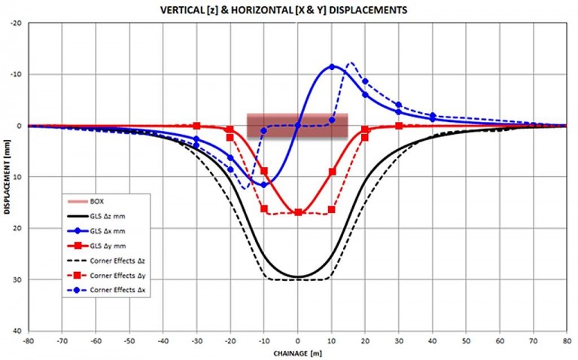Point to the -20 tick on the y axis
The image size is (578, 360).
[16, 23]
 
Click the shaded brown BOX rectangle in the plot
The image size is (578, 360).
[297, 125]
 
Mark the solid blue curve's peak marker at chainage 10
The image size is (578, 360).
[332, 67]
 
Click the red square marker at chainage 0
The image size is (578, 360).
[298, 212]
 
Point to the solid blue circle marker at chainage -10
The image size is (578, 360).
[264, 185]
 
